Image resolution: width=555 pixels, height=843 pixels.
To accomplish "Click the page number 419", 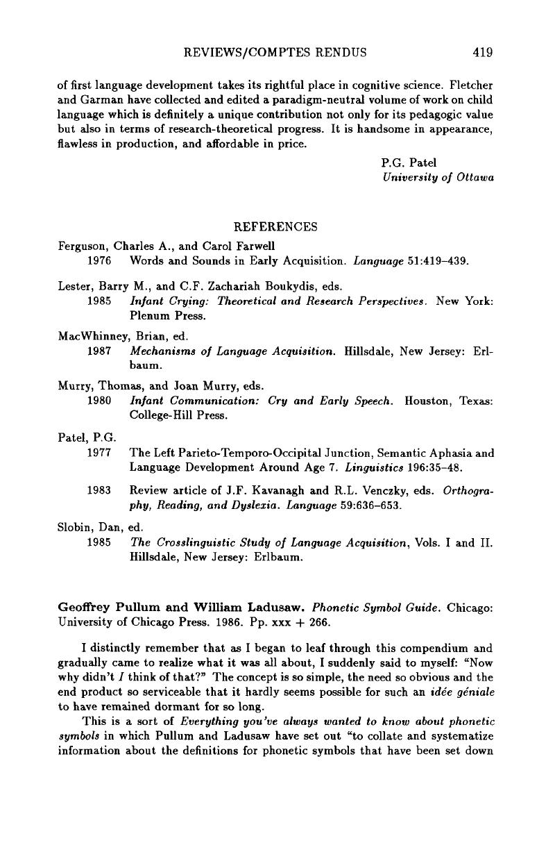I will point(482,51).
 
